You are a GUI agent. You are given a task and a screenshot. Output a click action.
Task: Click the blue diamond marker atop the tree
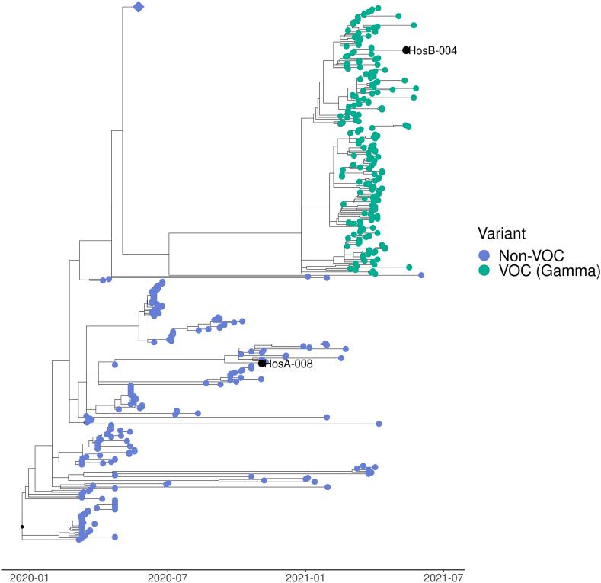pyautogui.click(x=138, y=8)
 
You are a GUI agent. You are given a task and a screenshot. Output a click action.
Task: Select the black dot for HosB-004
pyautogui.click(x=406, y=50)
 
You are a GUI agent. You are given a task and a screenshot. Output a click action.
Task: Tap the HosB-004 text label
pyautogui.click(x=433, y=51)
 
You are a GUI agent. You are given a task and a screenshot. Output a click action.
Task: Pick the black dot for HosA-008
pyautogui.click(x=262, y=364)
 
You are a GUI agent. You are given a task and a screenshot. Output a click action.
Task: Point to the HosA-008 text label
pyautogui.click(x=289, y=364)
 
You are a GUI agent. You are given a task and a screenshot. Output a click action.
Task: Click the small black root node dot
pyautogui.click(x=22, y=527)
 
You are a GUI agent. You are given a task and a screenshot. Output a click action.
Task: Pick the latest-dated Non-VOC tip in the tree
pyautogui.click(x=421, y=275)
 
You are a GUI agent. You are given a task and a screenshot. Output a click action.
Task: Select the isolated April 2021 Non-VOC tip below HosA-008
pyautogui.click(x=379, y=424)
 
